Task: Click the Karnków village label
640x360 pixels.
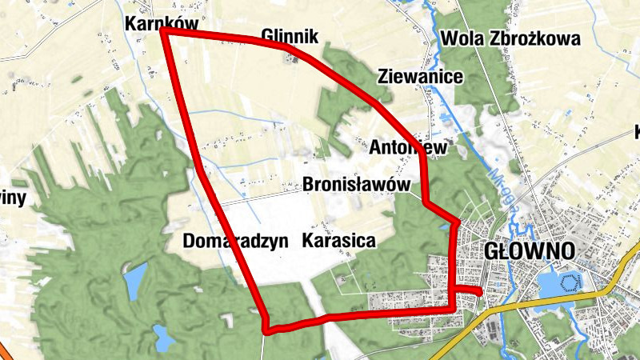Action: pos(161,24)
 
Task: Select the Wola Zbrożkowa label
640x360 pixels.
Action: pos(510,38)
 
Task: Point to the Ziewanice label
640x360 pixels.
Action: pos(420,77)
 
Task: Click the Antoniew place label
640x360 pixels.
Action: pos(407,147)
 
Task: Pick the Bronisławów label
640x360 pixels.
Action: pos(357,185)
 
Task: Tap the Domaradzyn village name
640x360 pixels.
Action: pos(235,242)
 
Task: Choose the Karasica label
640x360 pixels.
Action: pos(339,241)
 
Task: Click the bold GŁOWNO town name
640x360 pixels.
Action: pos(530,250)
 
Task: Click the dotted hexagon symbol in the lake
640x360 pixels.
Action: pos(571,282)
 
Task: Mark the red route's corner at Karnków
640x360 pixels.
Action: pos(163,31)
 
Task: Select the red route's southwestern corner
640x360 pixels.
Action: pos(267,327)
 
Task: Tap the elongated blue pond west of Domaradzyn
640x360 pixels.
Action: pos(134,280)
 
